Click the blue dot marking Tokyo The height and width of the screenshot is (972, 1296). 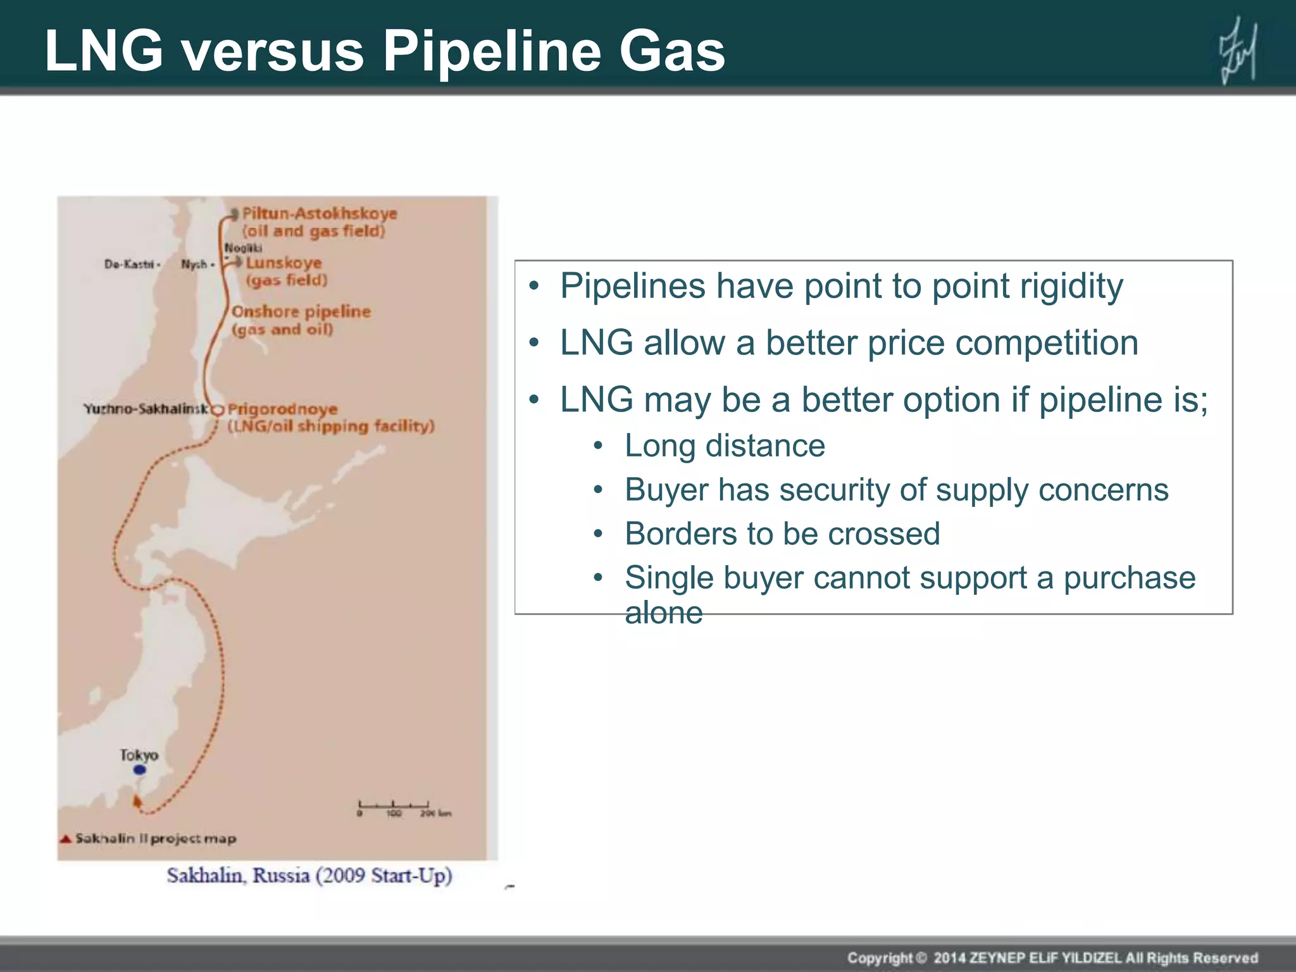click(x=140, y=769)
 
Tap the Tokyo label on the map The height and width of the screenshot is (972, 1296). click(x=139, y=754)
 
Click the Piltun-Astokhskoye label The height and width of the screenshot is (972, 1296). click(x=320, y=214)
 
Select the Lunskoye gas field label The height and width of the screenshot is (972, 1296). click(x=283, y=263)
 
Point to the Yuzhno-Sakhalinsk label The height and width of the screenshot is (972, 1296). click(x=146, y=409)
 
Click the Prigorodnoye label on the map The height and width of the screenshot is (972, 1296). click(x=282, y=409)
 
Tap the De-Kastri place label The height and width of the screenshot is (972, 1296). click(x=130, y=264)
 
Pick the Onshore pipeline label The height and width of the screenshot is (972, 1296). click(x=301, y=312)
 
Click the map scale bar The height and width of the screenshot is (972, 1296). click(x=394, y=806)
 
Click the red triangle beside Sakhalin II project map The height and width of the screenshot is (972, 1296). click(x=65, y=839)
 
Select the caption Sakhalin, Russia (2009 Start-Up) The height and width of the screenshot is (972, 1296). click(x=309, y=876)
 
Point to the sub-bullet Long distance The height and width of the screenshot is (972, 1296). click(x=725, y=445)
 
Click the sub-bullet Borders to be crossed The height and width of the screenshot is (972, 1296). click(x=782, y=533)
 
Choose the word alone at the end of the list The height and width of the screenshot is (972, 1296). click(x=664, y=613)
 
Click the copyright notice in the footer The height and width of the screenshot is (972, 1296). click(x=1052, y=957)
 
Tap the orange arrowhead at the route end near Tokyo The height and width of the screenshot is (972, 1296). click(x=137, y=801)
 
